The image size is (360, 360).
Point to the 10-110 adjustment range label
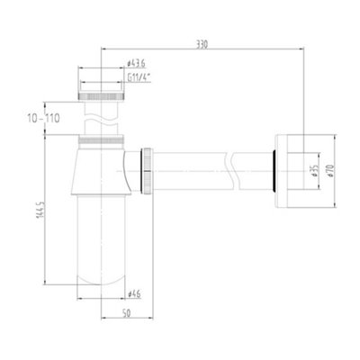[42, 118]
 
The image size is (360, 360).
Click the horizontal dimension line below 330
[202, 52]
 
